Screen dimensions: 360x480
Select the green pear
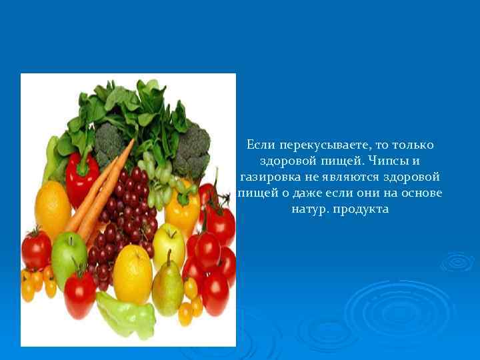pos(167,287)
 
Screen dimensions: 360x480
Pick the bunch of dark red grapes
pos(123,220)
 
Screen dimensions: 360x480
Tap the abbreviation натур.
pos(309,209)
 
